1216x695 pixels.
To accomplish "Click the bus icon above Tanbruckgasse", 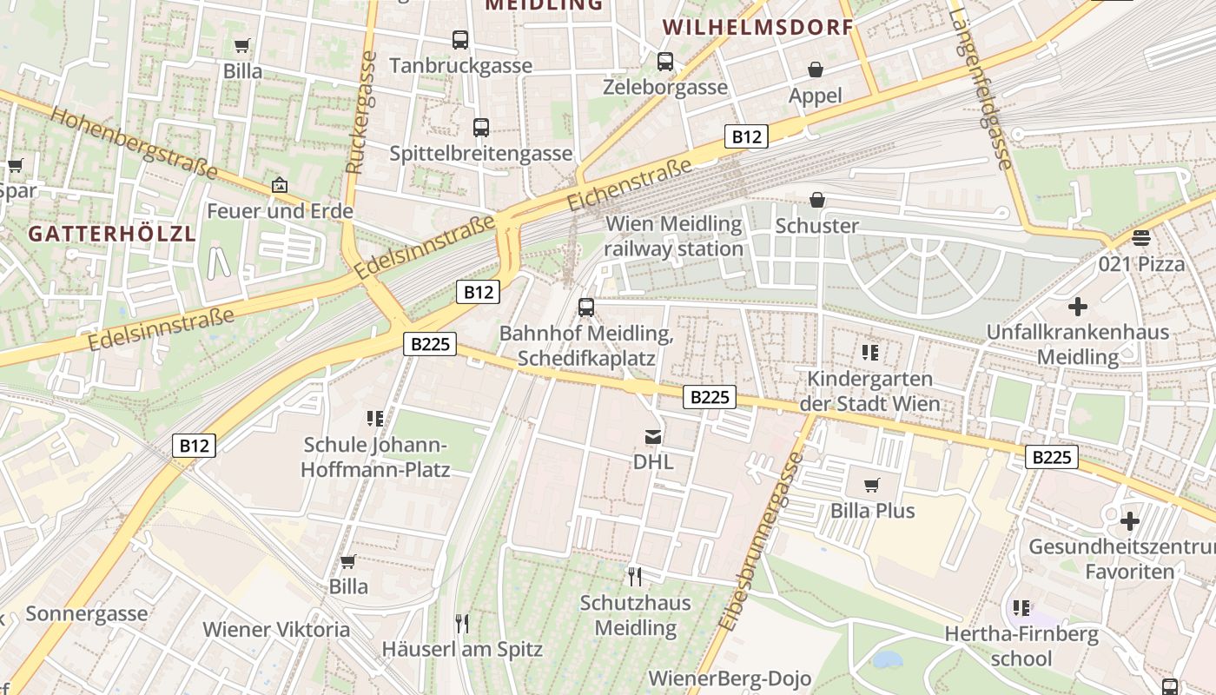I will point(460,39).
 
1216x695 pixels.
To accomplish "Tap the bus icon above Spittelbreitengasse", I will point(481,128).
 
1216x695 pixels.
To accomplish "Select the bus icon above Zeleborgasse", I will point(665,61).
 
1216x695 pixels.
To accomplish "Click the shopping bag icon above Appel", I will point(816,69).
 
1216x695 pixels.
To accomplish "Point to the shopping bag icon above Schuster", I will point(817,201).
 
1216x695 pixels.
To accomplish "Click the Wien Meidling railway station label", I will point(674,236).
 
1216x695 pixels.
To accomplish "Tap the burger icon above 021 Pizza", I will point(1141,238).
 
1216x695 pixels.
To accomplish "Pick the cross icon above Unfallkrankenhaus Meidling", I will point(1078,307).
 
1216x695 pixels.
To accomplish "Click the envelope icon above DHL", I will point(653,436).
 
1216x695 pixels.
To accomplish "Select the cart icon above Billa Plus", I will point(872,485).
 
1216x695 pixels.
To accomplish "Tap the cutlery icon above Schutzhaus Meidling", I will point(635,576).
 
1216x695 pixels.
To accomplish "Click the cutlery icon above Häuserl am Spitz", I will point(462,623).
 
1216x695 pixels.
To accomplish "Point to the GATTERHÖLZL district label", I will point(112,234).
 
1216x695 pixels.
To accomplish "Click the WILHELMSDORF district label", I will point(758,27).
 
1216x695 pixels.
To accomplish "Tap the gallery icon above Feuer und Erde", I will point(280,185).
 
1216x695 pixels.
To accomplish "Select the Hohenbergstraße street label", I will point(134,142).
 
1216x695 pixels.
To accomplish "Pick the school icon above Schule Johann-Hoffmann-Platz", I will point(375,419).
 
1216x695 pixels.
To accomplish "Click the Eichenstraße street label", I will point(630,185).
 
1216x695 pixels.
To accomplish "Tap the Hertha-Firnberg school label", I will point(1021,646).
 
